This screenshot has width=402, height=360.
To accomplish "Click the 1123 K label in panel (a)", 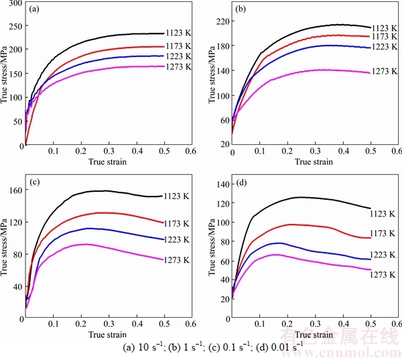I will coord(180,33).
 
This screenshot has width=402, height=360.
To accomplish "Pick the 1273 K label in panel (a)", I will coord(180,66).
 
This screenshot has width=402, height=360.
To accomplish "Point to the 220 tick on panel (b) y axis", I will coord(220,21).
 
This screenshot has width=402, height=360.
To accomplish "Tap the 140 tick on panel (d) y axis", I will coord(220,184).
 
